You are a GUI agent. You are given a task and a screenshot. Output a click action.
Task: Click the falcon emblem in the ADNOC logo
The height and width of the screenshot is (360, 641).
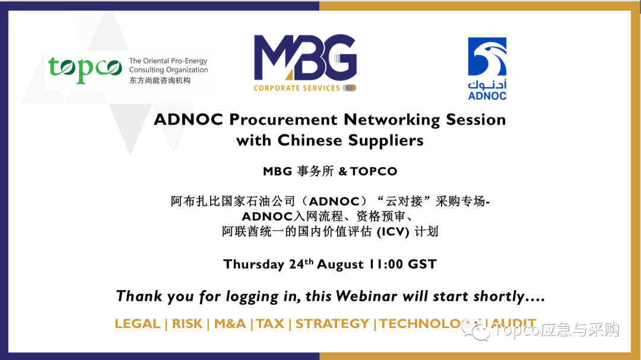[x=487, y=57]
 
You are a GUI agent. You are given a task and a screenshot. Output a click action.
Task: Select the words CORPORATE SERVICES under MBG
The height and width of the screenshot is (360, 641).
[x=297, y=88]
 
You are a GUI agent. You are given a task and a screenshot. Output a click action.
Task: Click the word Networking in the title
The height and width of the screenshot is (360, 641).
[x=392, y=120]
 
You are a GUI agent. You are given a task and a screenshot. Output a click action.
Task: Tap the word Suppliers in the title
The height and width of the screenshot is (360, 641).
[x=386, y=141]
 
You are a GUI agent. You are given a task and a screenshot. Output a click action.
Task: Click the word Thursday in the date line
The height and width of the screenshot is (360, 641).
[x=254, y=265]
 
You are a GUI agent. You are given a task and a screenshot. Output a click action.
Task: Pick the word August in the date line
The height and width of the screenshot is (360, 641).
[x=340, y=265]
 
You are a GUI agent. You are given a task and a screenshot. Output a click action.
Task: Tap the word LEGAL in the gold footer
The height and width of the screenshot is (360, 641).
[x=137, y=324]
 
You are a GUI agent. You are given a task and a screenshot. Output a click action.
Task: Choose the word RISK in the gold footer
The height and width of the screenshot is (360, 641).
[x=187, y=324]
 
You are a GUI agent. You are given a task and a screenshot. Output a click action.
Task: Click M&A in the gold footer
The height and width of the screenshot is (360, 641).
[x=230, y=324]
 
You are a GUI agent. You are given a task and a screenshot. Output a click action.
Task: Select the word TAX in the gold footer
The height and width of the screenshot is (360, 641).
[x=270, y=324]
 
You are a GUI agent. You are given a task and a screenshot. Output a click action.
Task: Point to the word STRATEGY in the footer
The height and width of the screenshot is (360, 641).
[x=332, y=324]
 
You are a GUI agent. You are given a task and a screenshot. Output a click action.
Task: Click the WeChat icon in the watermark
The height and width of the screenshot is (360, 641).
[x=475, y=330]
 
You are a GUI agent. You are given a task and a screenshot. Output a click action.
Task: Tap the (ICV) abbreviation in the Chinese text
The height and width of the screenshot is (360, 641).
[x=393, y=232]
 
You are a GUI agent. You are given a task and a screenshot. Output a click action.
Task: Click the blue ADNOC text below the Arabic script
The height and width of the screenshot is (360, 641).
[x=487, y=96]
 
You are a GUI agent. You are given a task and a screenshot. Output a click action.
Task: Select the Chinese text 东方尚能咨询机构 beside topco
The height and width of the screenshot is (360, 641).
[x=160, y=81]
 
